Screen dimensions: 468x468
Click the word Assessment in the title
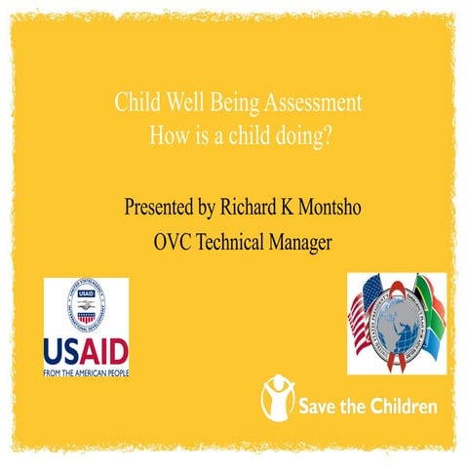pyautogui.click(x=311, y=103)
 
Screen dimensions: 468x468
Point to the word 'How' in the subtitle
pyautogui.click(x=166, y=136)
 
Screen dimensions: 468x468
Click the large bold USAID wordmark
pyautogui.click(x=86, y=350)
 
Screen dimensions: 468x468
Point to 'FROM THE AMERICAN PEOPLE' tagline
pyautogui.click(x=86, y=370)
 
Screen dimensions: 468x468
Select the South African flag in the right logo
pyautogui.click(x=429, y=312)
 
